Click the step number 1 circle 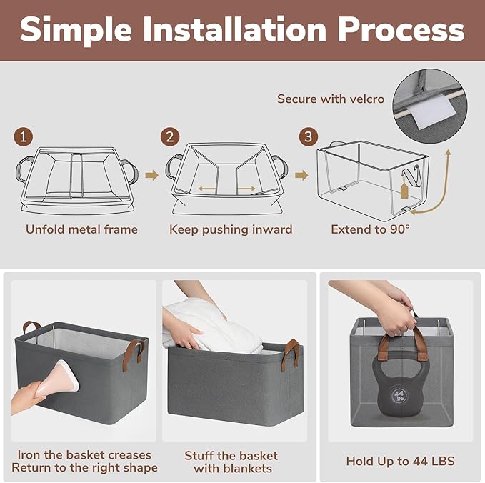pos(23,137)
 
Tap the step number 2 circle pos(170,137)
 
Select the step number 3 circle pos(309,136)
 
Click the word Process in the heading pos(401,30)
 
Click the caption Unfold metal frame pos(81,229)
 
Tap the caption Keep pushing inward pos(231,230)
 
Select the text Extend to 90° pos(370,229)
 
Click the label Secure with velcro pos(331,99)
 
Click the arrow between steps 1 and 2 pos(152,176)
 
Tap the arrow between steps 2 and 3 pos(301,176)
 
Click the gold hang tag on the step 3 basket pos(404,189)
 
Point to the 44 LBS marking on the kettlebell pos(399,396)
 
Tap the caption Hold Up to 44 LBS pos(400,461)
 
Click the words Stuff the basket pos(231,456)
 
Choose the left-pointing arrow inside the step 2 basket pos(206,189)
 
